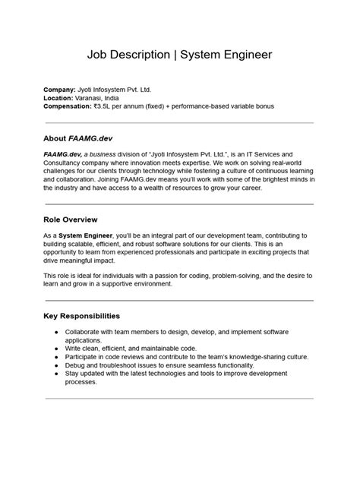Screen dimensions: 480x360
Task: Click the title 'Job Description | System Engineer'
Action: point(179,55)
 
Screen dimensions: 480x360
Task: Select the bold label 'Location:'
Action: point(58,99)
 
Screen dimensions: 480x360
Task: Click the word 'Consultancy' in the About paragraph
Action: point(65,163)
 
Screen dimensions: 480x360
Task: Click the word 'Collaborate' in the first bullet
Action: point(86,333)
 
